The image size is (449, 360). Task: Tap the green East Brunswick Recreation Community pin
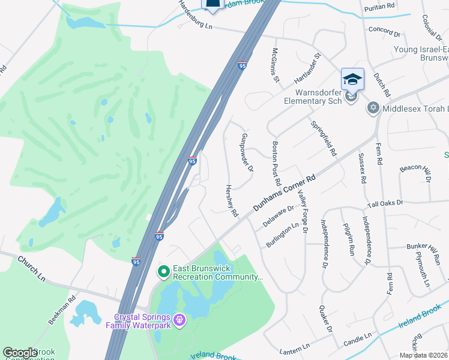pyautogui.click(x=163, y=272)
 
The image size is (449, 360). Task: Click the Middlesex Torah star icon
pyautogui.click(x=373, y=108)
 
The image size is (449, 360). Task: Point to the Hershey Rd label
pyautogui.click(x=232, y=200)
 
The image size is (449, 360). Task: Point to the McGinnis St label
pyautogui.click(x=276, y=65)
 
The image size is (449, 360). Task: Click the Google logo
pyautogui.click(x=19, y=353)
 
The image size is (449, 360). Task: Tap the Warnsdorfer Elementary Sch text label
pyautogui.click(x=318, y=97)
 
